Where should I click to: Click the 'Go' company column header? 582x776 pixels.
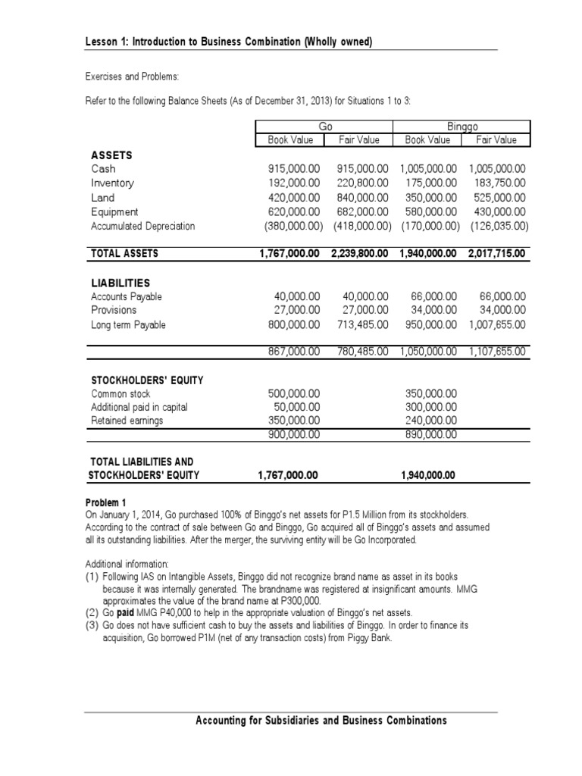point(327,127)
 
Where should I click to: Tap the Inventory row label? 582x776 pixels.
point(112,183)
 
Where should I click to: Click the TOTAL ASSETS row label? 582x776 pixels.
point(124,254)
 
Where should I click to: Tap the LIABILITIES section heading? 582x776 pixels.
point(121,283)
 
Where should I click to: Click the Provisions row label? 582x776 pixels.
point(114,311)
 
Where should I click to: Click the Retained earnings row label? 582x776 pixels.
point(127,421)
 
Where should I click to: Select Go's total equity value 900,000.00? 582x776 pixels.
point(294,434)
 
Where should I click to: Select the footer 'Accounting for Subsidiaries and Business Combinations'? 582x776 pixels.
point(321,720)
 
